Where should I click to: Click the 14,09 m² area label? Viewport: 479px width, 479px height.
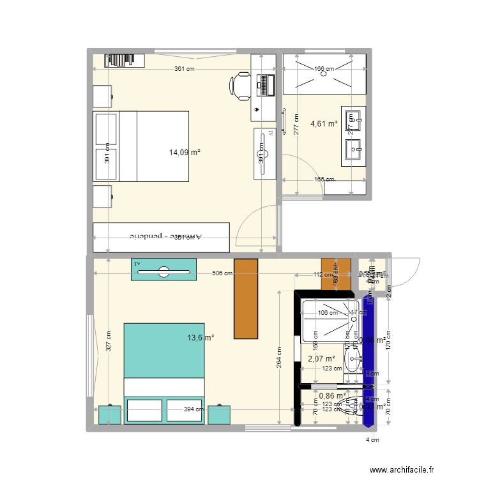click(185, 153)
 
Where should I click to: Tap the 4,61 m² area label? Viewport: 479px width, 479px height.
click(323, 125)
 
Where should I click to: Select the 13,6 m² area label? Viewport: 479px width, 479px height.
click(201, 338)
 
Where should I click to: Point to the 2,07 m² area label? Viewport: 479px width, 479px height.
click(321, 360)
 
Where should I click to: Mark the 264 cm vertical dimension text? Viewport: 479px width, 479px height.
click(279, 358)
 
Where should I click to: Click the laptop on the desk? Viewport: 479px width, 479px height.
click(265, 84)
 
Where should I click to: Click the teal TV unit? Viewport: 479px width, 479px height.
click(163, 270)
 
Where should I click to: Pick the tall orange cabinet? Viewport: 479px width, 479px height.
click(246, 298)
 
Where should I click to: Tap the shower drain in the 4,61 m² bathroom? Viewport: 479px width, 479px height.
click(324, 72)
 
